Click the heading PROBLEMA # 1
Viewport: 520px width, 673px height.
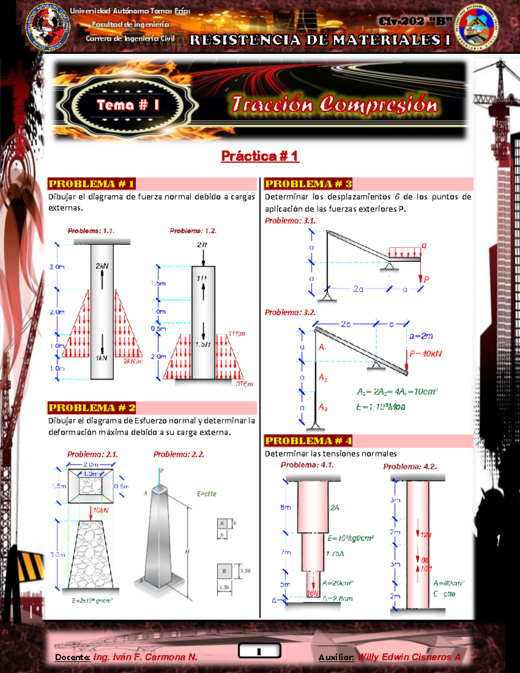(x=91, y=184)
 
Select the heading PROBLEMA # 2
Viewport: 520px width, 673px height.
(x=92, y=408)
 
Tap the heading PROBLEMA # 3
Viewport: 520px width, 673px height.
(x=308, y=184)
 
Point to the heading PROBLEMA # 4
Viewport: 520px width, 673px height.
(x=308, y=441)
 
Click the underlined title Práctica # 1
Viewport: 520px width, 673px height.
(x=260, y=156)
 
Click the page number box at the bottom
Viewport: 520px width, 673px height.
(x=259, y=651)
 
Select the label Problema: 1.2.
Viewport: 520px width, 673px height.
(x=193, y=231)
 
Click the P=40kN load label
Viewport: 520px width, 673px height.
(x=426, y=354)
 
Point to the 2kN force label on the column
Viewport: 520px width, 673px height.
(x=102, y=266)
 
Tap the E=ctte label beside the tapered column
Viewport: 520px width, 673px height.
(x=206, y=494)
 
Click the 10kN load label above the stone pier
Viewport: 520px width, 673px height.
(x=101, y=510)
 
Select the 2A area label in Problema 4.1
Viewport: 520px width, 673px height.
(x=335, y=507)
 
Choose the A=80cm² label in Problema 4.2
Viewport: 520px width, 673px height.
(x=448, y=583)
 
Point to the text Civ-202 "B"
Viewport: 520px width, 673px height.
(x=415, y=21)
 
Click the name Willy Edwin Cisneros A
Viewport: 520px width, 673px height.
(x=409, y=657)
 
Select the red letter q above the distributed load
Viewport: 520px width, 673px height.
(x=424, y=246)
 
